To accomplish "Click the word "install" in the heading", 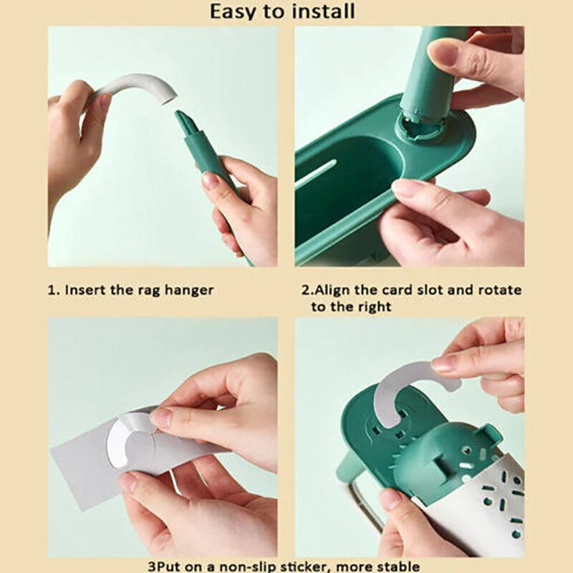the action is tap(318, 11).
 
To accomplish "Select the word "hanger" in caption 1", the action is tap(188, 290).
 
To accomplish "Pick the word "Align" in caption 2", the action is tap(332, 291).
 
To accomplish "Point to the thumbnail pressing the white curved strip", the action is tap(444, 364).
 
